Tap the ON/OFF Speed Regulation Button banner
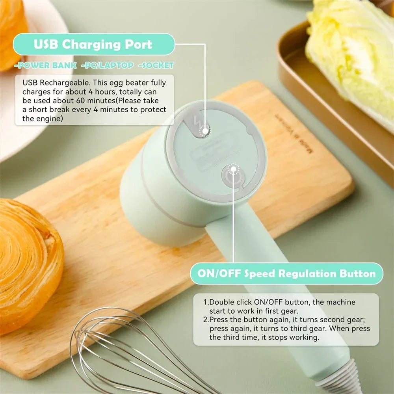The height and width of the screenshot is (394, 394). (x=286, y=273)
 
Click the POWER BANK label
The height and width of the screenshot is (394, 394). (x=45, y=65)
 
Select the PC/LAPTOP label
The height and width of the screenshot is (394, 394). (x=107, y=65)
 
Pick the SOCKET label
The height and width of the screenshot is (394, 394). (x=156, y=65)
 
